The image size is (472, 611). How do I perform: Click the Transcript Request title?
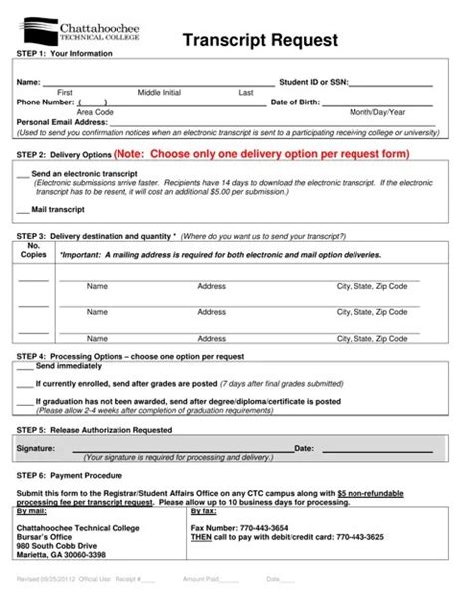(x=260, y=40)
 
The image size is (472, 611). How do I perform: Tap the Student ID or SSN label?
(x=313, y=82)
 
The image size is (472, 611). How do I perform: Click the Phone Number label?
(x=45, y=102)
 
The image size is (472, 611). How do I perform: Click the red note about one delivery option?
(x=261, y=155)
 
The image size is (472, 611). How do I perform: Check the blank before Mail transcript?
(x=23, y=211)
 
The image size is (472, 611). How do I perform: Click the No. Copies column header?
(x=34, y=250)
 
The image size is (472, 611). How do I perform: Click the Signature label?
(x=36, y=448)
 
